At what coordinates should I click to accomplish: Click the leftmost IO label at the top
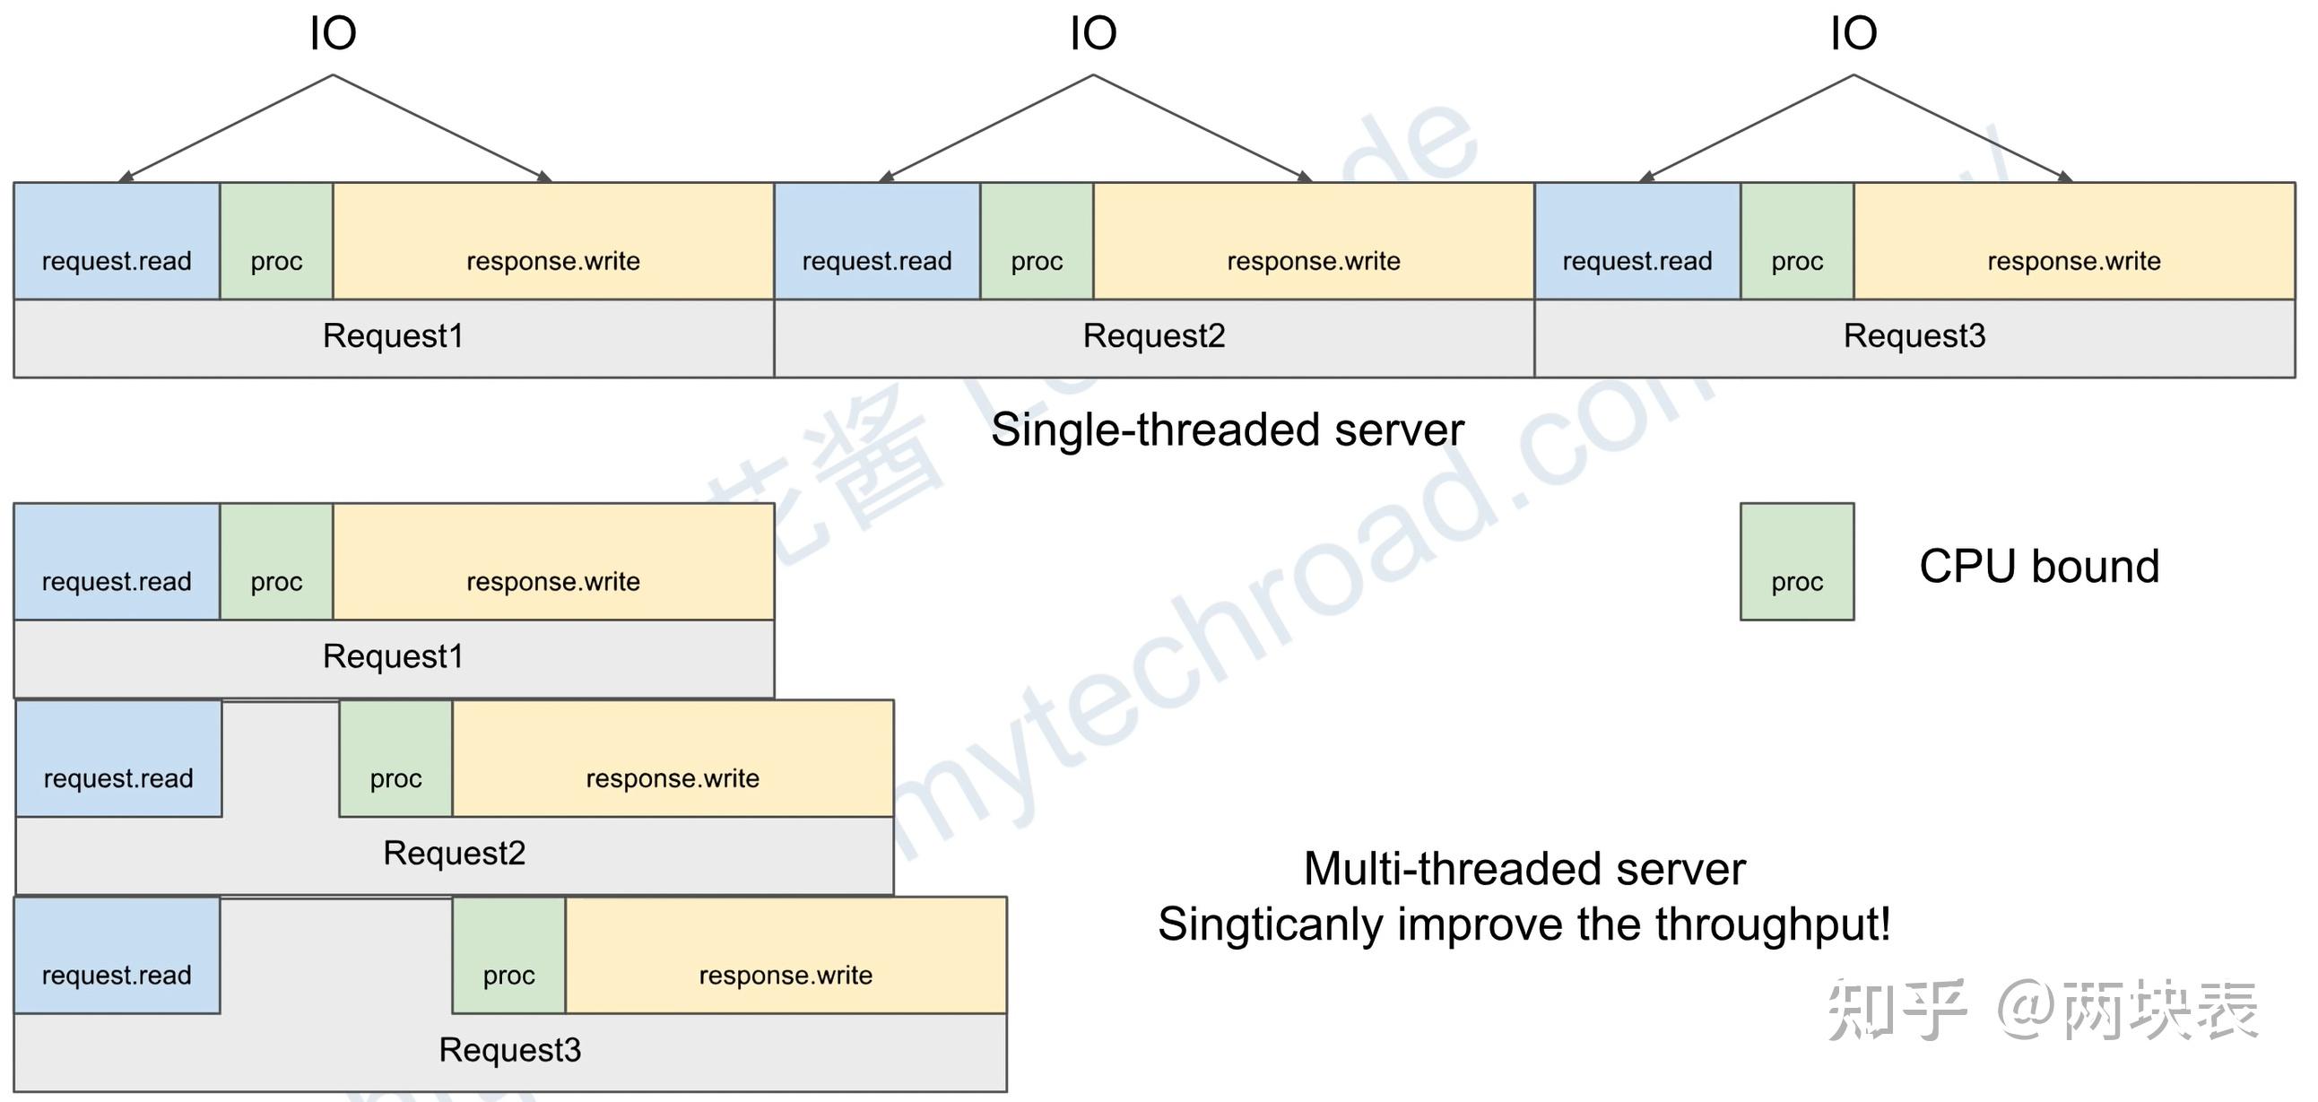pyautogui.click(x=333, y=34)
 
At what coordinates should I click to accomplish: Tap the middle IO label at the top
pyautogui.click(x=1092, y=34)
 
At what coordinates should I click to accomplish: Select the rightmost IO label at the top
pyautogui.click(x=1853, y=34)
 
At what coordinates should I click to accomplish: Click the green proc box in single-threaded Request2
pyautogui.click(x=1037, y=241)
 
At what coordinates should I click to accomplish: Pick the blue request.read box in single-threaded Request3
pyautogui.click(x=1636, y=241)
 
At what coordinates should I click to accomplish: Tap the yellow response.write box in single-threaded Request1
pyautogui.click(x=552, y=241)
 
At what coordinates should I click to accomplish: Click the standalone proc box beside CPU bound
pyautogui.click(x=1796, y=561)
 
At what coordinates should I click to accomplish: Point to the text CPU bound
pyautogui.click(x=2038, y=567)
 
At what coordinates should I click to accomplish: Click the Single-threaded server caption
pyautogui.click(x=1227, y=430)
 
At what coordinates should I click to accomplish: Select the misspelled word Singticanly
pyautogui.click(x=1270, y=924)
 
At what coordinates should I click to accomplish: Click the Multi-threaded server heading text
pyautogui.click(x=1524, y=869)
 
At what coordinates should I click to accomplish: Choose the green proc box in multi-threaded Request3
pyautogui.click(x=508, y=955)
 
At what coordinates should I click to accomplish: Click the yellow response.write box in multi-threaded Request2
pyautogui.click(x=673, y=759)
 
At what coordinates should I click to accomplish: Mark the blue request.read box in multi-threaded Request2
pyautogui.click(x=118, y=759)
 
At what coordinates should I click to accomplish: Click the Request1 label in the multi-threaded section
pyautogui.click(x=394, y=656)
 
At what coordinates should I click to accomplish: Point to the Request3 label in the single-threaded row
pyautogui.click(x=1914, y=336)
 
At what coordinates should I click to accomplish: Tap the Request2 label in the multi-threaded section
pyautogui.click(x=454, y=853)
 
